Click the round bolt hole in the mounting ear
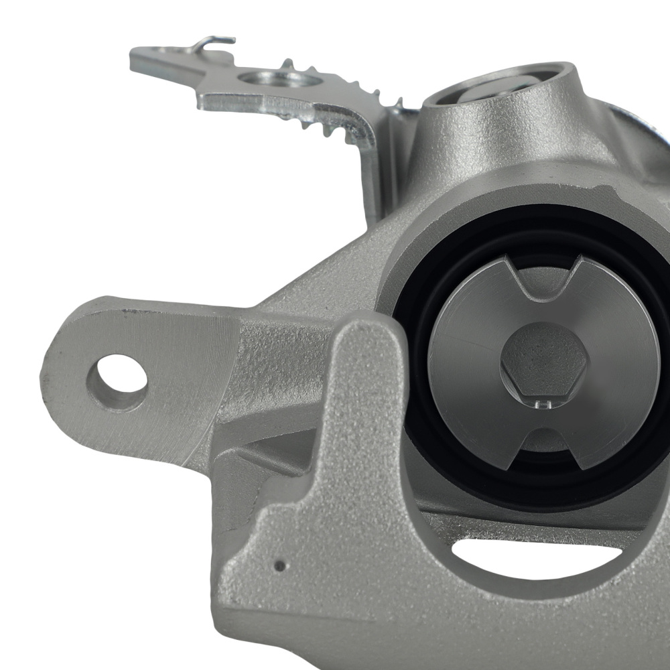click(117, 383)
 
